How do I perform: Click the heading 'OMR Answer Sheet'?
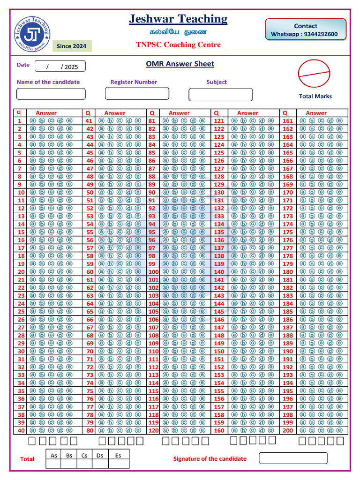(180, 64)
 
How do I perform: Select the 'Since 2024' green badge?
(71, 46)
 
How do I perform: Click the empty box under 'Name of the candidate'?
(51, 94)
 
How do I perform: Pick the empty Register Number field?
(136, 93)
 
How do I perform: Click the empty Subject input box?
(220, 94)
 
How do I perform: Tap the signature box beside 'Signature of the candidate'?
(293, 458)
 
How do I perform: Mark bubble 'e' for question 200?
(339, 430)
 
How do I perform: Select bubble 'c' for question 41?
(120, 120)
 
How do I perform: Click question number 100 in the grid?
(153, 272)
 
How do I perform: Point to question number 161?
(287, 120)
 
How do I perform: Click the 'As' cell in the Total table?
(54, 455)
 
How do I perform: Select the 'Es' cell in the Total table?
(118, 455)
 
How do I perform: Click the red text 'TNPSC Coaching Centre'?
(178, 45)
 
